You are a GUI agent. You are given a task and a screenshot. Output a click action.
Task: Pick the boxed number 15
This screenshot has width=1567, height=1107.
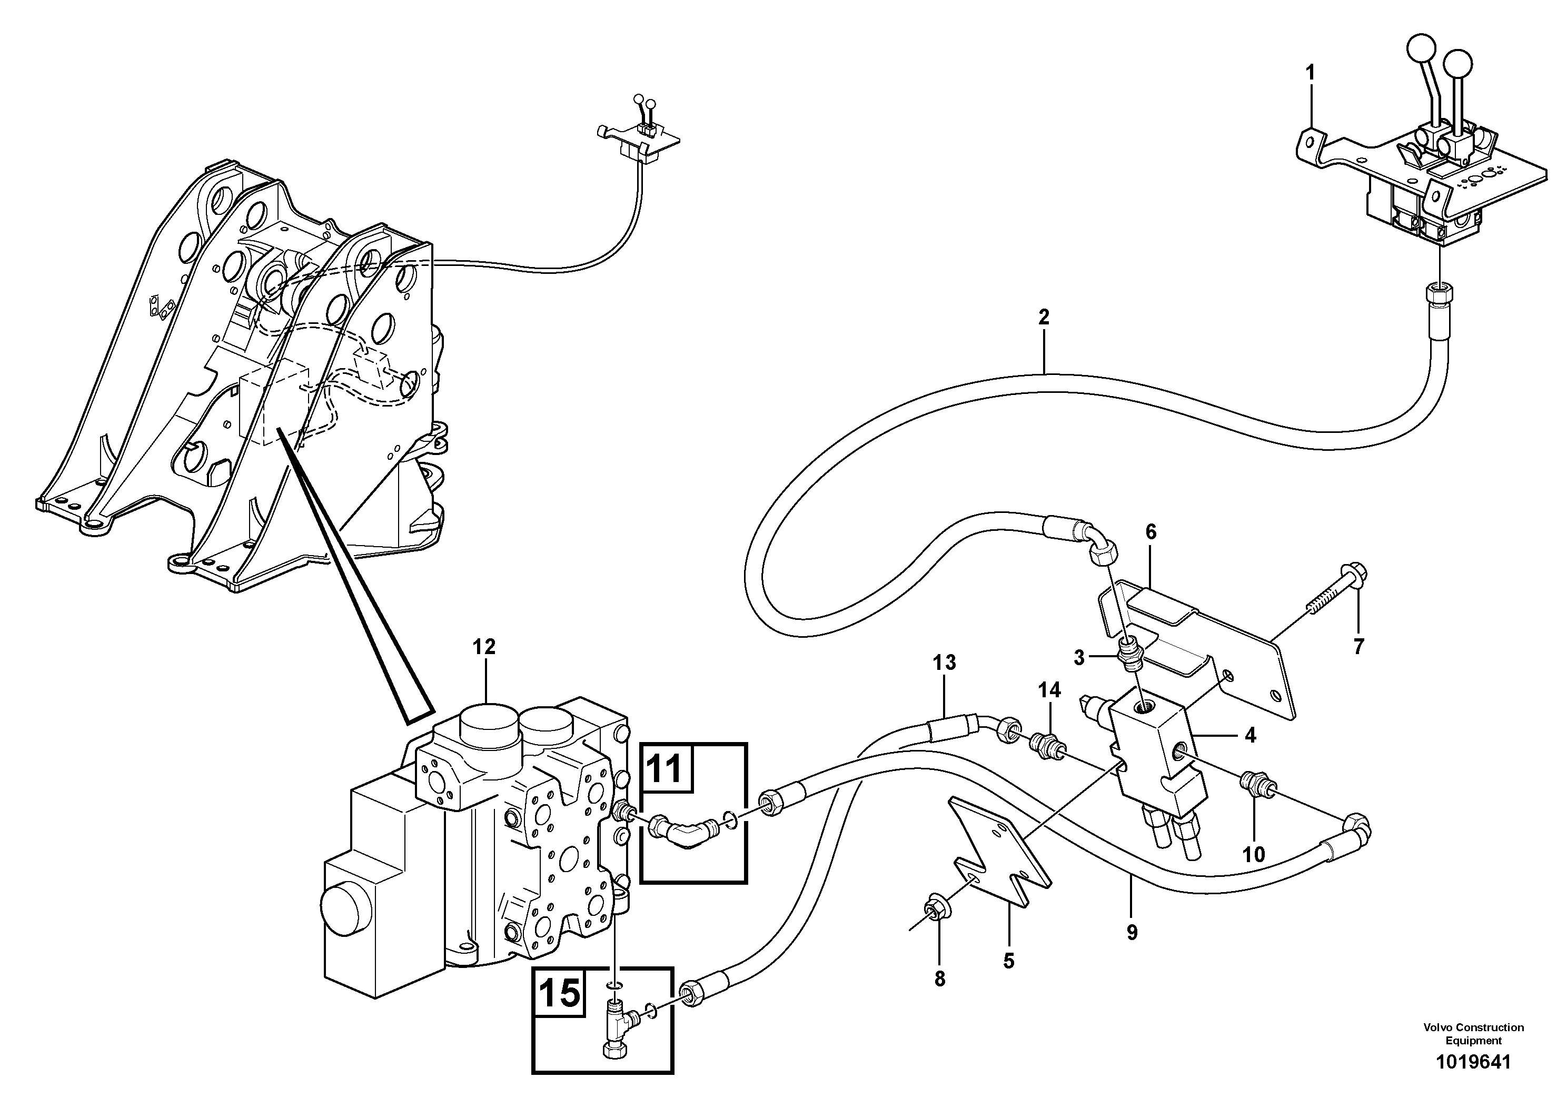coord(560,993)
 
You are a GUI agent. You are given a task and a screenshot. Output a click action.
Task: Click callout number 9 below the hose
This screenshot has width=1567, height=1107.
coord(1132,932)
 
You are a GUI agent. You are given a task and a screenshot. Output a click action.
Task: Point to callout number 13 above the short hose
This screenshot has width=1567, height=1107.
coord(945,662)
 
